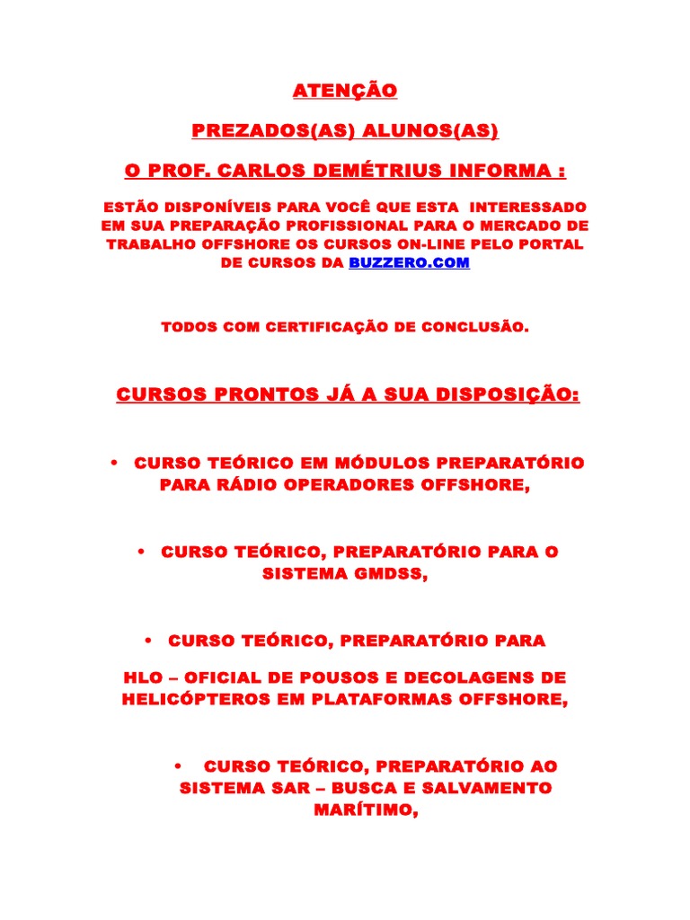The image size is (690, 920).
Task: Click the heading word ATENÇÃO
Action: click(345, 91)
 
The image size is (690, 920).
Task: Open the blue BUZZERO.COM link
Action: click(409, 263)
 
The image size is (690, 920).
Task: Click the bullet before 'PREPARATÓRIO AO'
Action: click(178, 766)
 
